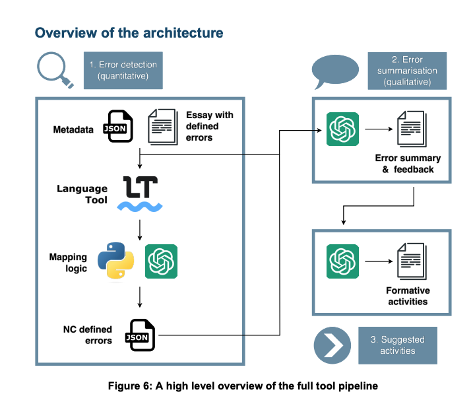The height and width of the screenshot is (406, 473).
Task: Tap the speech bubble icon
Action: tap(335, 71)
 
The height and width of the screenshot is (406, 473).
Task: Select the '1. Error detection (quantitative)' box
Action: tap(123, 71)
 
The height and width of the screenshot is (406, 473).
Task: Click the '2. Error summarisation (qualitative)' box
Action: tap(407, 71)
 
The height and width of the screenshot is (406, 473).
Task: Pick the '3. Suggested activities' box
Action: tap(398, 345)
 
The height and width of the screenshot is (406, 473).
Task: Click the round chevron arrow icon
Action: tap(332, 345)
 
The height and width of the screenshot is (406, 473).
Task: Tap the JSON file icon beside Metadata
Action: tap(118, 126)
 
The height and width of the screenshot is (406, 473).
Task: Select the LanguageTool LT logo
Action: tap(140, 193)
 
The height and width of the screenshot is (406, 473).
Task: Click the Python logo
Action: tap(116, 261)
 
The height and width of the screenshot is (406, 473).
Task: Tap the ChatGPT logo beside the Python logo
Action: tap(161, 261)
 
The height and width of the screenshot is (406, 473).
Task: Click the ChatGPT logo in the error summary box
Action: tap(342, 129)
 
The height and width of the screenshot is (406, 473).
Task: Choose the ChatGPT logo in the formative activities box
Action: tap(342, 261)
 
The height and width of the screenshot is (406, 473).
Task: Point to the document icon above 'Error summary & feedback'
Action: tap(412, 129)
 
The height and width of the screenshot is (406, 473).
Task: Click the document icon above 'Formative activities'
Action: tap(412, 261)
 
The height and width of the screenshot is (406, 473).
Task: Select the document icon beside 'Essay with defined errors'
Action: tap(162, 127)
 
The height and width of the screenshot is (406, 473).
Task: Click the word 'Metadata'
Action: tap(73, 129)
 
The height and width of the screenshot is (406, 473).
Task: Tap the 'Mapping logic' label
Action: tap(68, 263)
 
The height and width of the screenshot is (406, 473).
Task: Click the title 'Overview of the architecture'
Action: tap(129, 33)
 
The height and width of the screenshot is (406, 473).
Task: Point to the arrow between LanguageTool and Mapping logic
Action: tap(140, 230)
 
